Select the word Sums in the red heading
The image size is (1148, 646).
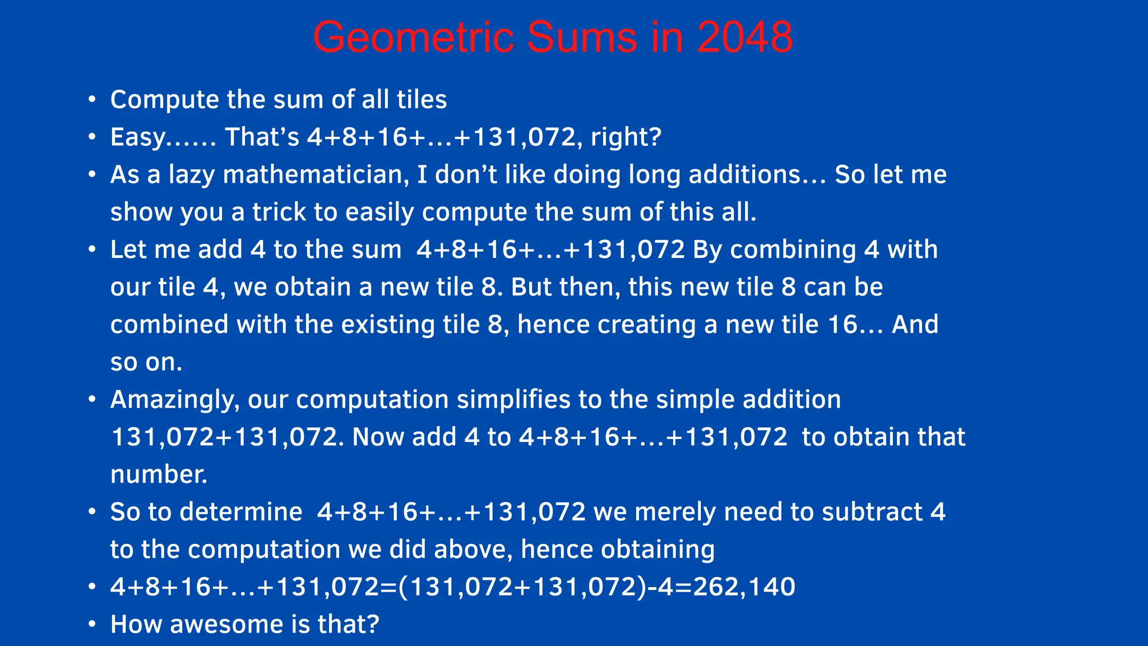[582, 38]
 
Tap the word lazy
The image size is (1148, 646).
[192, 175]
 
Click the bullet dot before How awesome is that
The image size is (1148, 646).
[92, 625]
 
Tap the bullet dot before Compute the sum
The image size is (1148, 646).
[92, 100]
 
